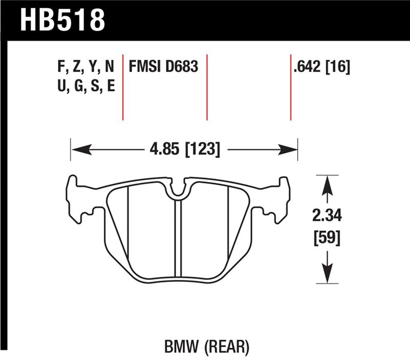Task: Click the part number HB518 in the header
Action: pyautogui.click(x=63, y=20)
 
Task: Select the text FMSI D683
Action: pyautogui.click(x=163, y=68)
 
